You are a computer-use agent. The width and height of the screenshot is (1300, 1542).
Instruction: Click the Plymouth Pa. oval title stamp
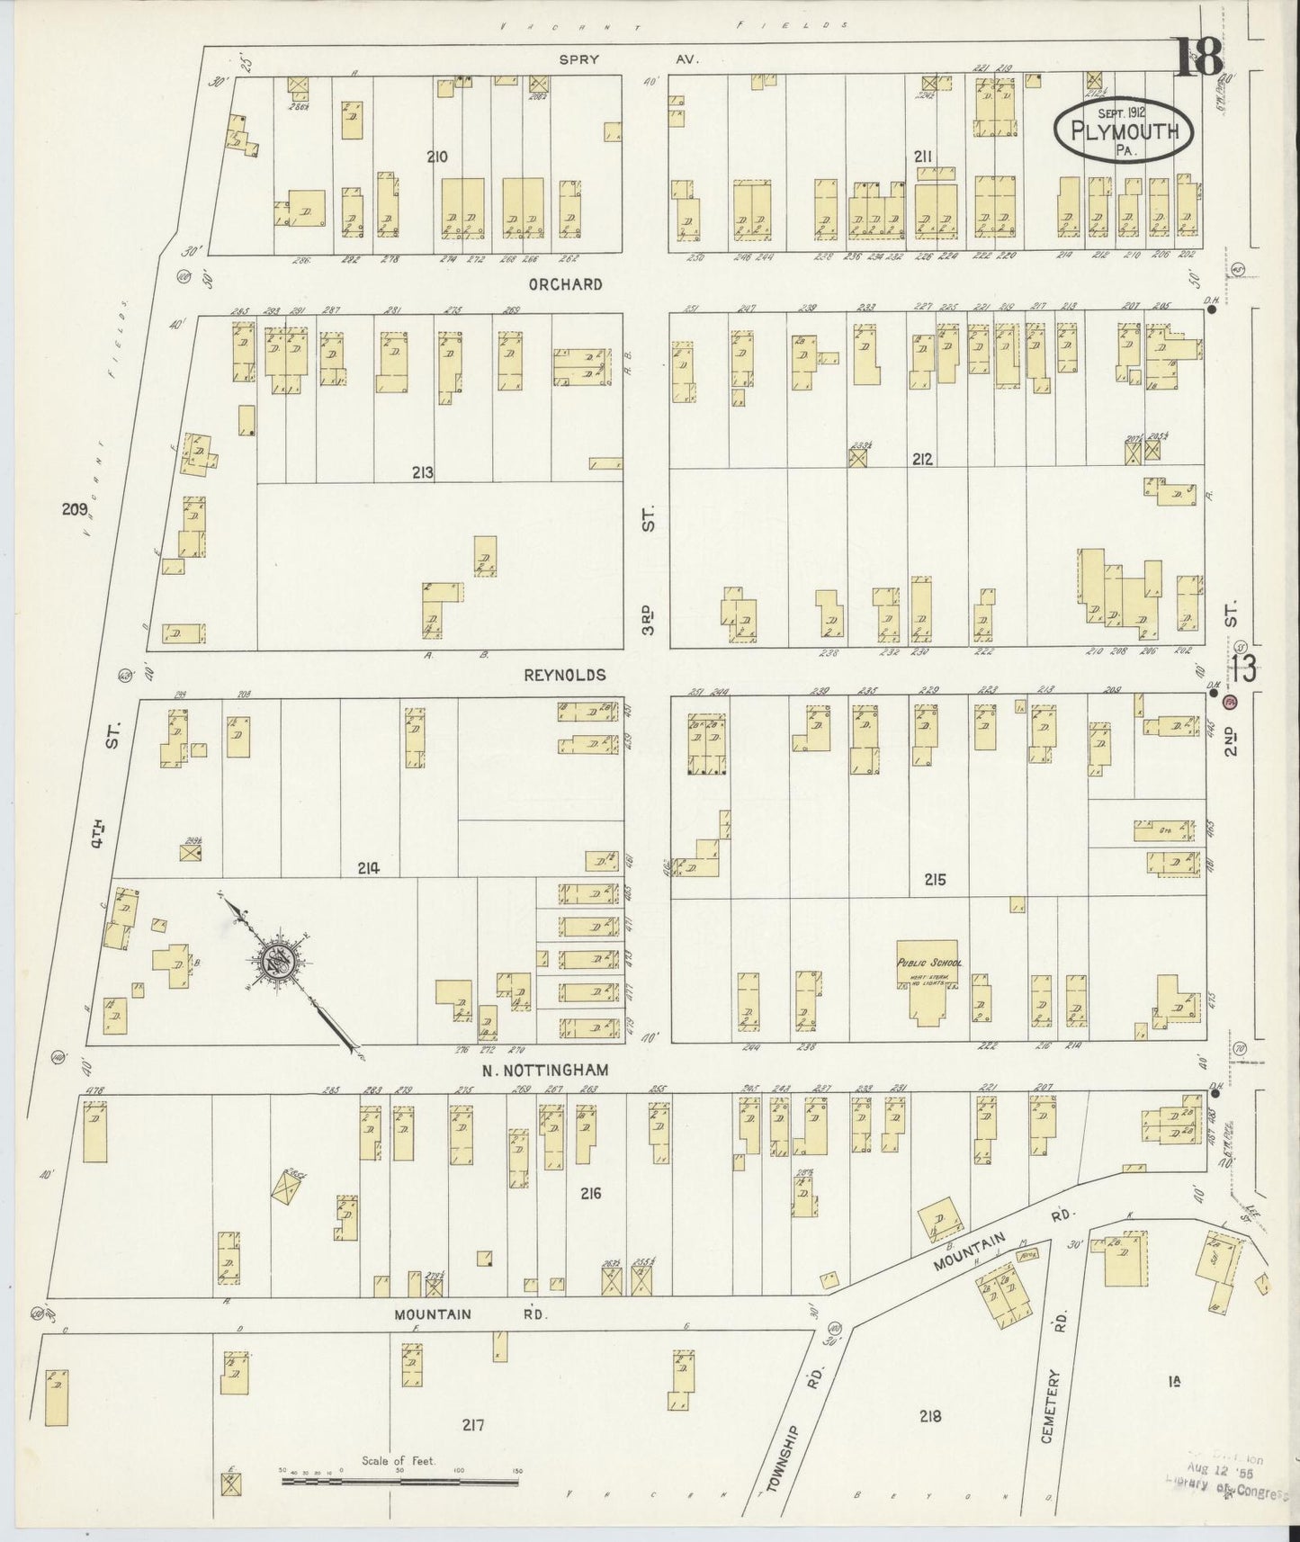point(1125,131)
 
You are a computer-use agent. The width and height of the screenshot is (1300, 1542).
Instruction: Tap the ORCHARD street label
point(578,284)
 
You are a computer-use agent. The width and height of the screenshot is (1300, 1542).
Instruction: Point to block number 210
point(437,157)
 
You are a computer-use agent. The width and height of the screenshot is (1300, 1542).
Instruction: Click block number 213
point(423,471)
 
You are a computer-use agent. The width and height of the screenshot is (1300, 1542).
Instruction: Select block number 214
point(368,868)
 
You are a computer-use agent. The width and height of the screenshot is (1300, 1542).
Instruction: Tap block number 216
point(590,1194)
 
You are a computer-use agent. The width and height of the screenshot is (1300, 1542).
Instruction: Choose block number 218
point(929,1416)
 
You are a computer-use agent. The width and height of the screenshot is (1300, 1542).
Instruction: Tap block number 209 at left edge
point(73,509)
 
